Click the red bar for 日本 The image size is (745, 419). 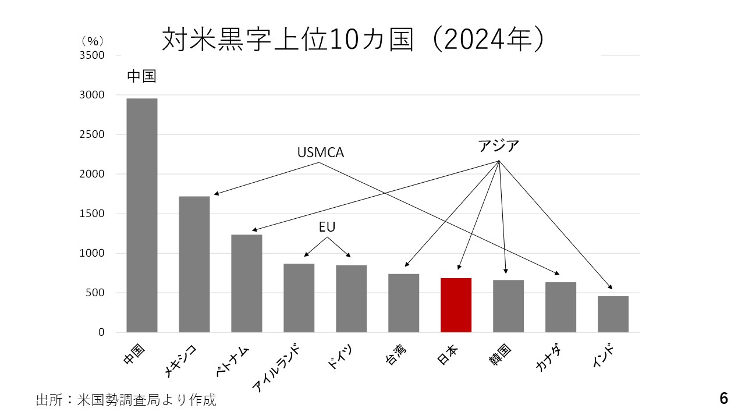coord(456,306)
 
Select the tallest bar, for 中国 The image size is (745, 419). coord(142,215)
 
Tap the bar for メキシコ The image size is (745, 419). coord(194,264)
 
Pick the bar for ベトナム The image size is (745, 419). coord(247,283)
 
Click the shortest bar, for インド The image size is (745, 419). coord(613,314)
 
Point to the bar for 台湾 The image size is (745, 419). coord(404,303)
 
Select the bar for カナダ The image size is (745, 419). coord(560,307)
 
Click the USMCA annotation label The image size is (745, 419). coord(321,152)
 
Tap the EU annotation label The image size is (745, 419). coord(327,227)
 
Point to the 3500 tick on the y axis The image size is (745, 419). coord(93,55)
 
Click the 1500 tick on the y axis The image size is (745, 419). coord(93,214)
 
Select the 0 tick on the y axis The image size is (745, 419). coord(101,332)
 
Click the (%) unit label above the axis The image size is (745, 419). coord(92,41)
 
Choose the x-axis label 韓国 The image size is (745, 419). coord(500,356)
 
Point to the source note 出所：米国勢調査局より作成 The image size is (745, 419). coord(126,400)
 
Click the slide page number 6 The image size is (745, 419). coord(723,399)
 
